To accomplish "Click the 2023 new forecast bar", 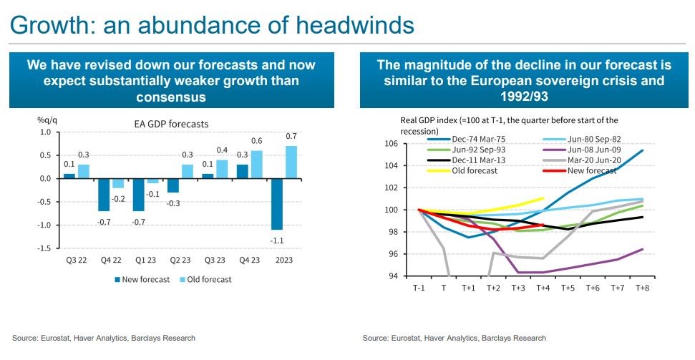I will pos(277,203).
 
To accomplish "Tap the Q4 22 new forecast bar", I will pos(103,194).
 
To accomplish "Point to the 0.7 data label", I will pos(291,136).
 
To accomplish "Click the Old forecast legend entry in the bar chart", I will pos(208,279).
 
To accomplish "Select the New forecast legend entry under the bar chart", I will pos(142,279).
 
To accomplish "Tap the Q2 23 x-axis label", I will pos(178,260).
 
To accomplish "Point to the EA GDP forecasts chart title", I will pos(172,124).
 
